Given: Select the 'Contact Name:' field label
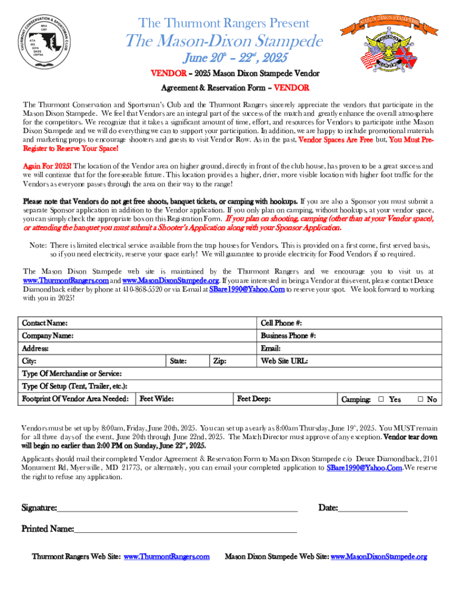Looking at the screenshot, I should (45, 323).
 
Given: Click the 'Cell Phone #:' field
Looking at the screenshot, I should (285, 323).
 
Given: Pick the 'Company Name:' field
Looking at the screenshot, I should (48, 336).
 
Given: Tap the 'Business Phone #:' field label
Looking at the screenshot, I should (288, 336).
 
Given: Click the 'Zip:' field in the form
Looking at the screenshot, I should (219, 361).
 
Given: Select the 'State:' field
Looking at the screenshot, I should (178, 361).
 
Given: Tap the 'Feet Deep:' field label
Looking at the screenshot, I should (254, 399).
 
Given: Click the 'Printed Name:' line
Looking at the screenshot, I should (185, 529).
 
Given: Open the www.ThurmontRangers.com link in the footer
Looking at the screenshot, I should (166, 557).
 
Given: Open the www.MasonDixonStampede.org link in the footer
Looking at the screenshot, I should (379, 557).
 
